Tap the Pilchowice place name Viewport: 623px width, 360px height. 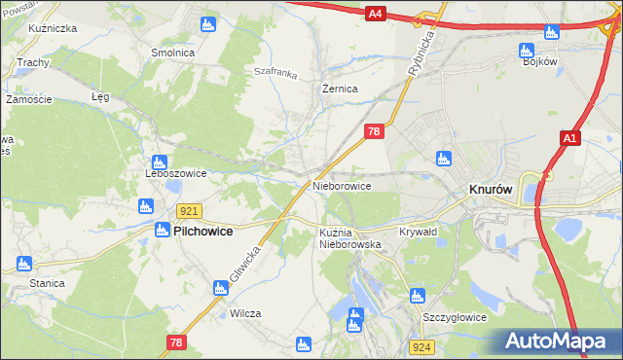tap(208, 232)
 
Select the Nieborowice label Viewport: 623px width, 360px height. tap(341, 185)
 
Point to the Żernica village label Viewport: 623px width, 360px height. tap(340, 89)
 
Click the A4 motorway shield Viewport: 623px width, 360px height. tap(377, 14)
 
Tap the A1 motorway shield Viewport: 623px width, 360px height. tap(570, 141)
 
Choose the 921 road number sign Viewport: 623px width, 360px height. tap(190, 211)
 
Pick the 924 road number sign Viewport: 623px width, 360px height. tap(421, 347)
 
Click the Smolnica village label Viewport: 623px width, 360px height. tap(172, 52)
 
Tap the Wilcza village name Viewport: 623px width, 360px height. tap(245, 314)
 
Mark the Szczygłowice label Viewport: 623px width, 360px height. tap(454, 317)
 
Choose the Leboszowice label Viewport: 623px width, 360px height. tap(175, 174)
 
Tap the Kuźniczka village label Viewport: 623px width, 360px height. tap(53, 29)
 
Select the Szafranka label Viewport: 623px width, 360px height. tap(274, 71)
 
